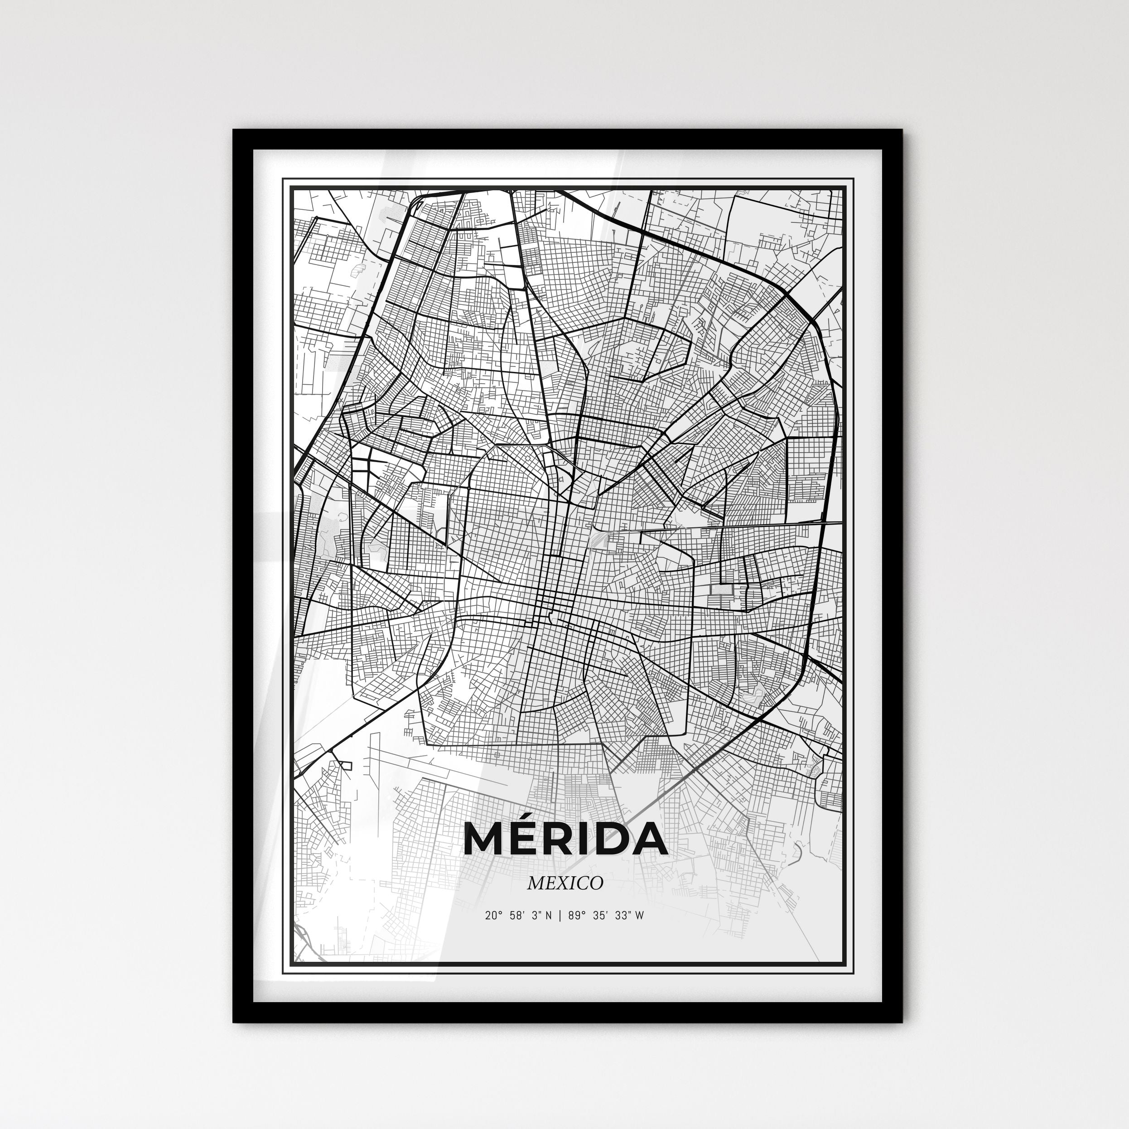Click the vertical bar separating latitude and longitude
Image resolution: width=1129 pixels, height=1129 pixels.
[560, 916]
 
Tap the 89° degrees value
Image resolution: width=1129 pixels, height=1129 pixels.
[575, 916]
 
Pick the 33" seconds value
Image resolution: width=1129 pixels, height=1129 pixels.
[623, 916]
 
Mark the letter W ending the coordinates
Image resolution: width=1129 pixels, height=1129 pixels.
[639, 916]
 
